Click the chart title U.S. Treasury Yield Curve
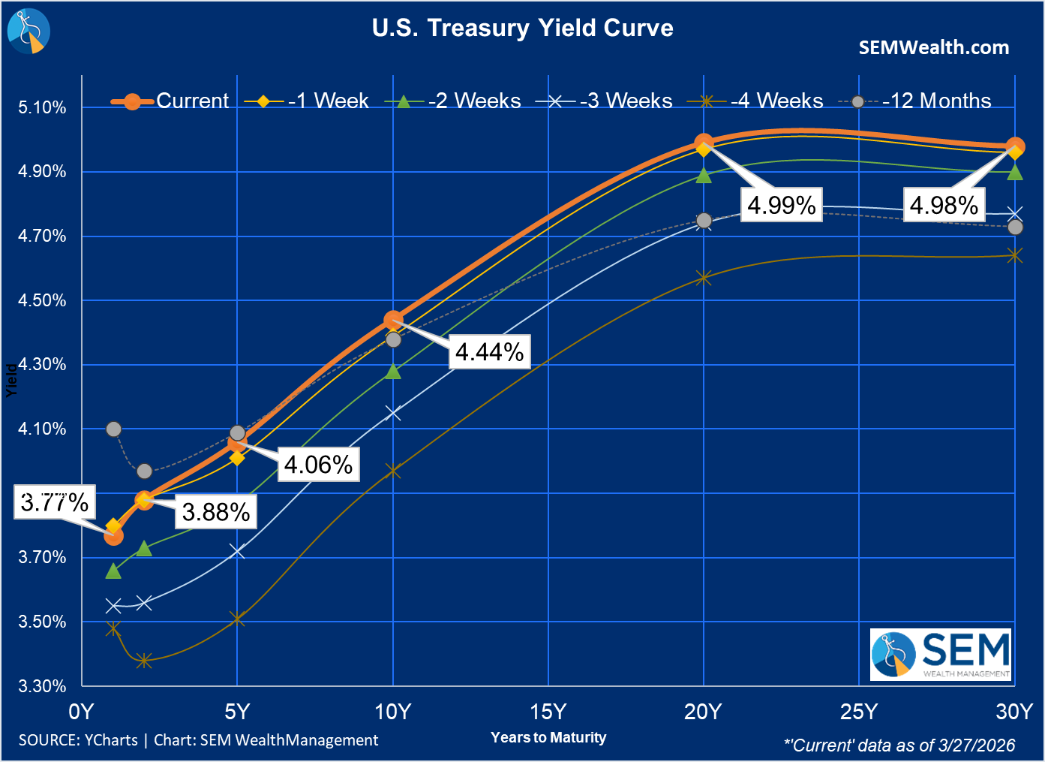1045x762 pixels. (x=522, y=29)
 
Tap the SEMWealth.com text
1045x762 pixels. (x=933, y=48)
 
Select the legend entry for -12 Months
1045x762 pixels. (x=936, y=101)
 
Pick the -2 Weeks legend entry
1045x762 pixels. (x=473, y=101)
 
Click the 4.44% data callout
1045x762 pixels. (x=489, y=351)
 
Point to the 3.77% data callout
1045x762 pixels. (x=55, y=502)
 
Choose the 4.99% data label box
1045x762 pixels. (x=781, y=205)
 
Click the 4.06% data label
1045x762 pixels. (x=318, y=465)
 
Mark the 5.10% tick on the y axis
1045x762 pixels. (x=43, y=107)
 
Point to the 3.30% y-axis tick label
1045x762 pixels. (x=43, y=686)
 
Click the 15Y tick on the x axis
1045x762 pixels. (x=548, y=712)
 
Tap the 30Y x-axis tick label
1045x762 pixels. (x=1014, y=712)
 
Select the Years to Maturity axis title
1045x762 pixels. (x=548, y=737)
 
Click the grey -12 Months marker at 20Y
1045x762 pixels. (x=704, y=221)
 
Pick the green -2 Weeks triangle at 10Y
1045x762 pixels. (x=393, y=372)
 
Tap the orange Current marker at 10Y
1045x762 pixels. (x=393, y=321)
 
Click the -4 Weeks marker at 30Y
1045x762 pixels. (x=1015, y=256)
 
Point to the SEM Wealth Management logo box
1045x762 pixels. (x=941, y=655)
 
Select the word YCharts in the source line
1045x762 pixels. (x=111, y=740)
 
